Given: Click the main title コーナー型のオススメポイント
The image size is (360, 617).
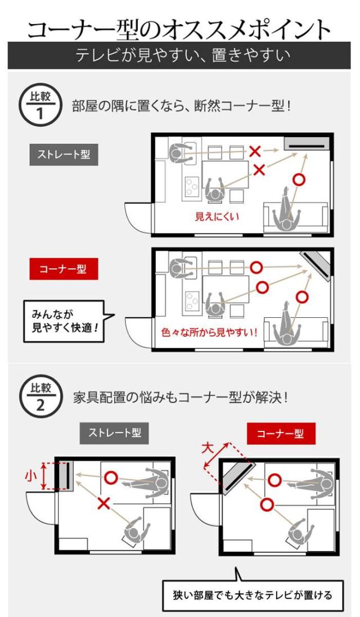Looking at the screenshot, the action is pos(179,29).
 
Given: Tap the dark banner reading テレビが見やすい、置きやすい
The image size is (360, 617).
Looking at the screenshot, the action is pos(179,56).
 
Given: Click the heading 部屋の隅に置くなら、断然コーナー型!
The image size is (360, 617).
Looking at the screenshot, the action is pos(181,106).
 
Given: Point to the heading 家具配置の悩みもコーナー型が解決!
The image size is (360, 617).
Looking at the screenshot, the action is pos(181,398).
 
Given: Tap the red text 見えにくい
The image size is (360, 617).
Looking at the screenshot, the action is pos(217,216).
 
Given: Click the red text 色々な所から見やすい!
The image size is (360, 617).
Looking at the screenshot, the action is pos(210,332).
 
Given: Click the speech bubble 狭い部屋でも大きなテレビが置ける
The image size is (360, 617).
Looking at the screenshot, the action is pos(253,595).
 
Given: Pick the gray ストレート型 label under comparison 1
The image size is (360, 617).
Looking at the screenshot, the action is pos(64,155).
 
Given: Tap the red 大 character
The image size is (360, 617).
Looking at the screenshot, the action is pos(208,448).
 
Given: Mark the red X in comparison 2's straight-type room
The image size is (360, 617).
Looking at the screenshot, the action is pos(104,503).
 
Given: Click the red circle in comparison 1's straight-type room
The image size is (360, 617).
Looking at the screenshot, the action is pos(299,180).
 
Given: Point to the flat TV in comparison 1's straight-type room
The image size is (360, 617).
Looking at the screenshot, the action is pos(307,143).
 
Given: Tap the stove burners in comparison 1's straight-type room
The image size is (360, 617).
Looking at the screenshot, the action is pos(192,187).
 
